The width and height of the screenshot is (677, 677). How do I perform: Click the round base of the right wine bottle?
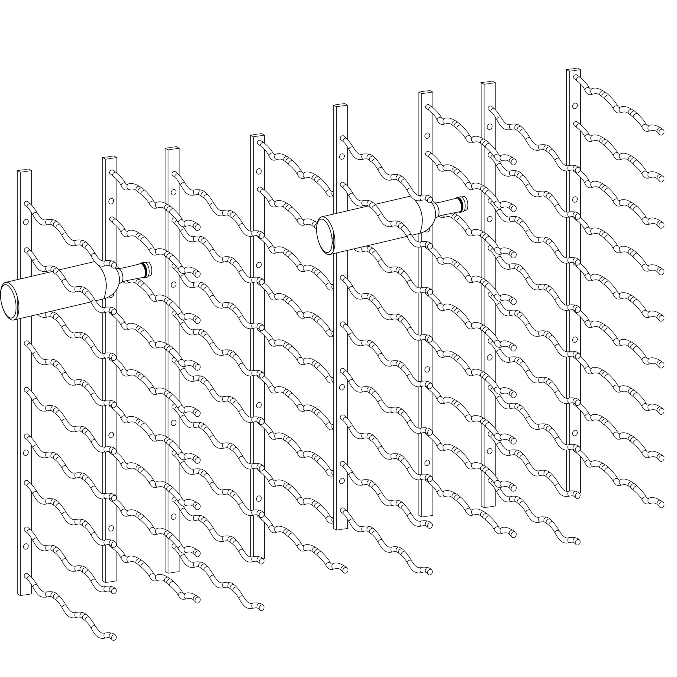(x=325, y=234)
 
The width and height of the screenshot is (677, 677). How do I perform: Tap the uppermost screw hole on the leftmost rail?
(x=26, y=222)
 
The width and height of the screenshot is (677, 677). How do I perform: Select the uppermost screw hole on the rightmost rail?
(x=575, y=105)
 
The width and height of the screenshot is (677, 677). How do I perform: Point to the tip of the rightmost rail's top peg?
(x=661, y=132)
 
